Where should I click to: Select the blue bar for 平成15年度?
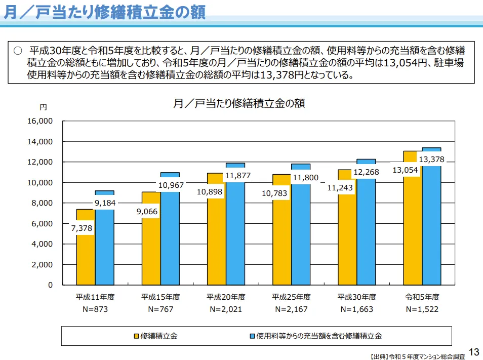click(x=170, y=238)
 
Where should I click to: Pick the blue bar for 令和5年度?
click(x=431, y=228)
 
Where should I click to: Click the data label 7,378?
click(x=82, y=228)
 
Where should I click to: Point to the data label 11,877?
click(x=238, y=176)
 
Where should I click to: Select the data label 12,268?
click(x=366, y=172)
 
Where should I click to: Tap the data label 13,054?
click(x=406, y=170)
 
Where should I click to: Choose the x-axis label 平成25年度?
click(x=291, y=297)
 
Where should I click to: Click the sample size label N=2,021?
click(x=226, y=309)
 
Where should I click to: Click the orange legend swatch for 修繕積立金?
click(x=137, y=336)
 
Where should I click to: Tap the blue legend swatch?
click(x=252, y=336)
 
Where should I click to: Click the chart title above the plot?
click(x=239, y=103)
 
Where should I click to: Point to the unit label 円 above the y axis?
click(x=44, y=107)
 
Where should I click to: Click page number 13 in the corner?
click(x=474, y=352)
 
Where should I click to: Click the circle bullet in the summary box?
click(x=18, y=51)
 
